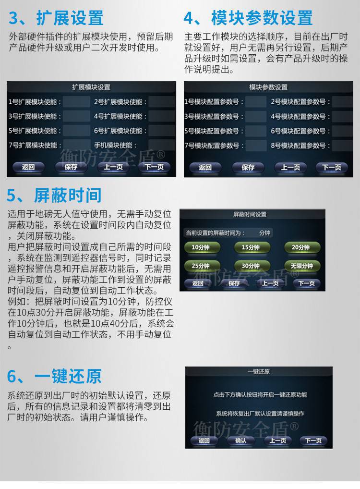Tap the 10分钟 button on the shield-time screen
click(x=201, y=247)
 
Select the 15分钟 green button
click(x=251, y=247)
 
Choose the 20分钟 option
click(x=301, y=247)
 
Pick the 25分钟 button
click(x=201, y=266)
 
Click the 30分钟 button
click(x=251, y=266)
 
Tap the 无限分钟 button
click(x=301, y=266)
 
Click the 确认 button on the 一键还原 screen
click(x=240, y=440)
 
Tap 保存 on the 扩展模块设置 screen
click(x=71, y=167)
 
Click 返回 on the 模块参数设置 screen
click(x=205, y=167)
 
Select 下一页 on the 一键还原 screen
click(x=313, y=440)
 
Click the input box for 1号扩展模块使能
click(x=77, y=102)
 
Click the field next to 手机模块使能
click(x=162, y=145)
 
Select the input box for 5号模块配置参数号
click(x=255, y=131)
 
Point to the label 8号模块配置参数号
click(x=300, y=146)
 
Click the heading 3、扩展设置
click(x=56, y=18)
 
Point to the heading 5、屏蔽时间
click(x=54, y=196)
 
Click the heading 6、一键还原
click(x=54, y=376)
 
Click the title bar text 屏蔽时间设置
click(x=250, y=214)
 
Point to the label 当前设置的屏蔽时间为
click(x=216, y=232)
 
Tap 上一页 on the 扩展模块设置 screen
click(x=113, y=167)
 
